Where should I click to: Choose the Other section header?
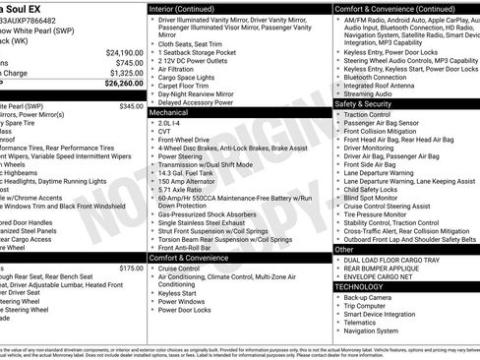(344, 249)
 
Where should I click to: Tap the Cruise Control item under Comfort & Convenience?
(179, 268)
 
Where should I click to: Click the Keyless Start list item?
(177, 292)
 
